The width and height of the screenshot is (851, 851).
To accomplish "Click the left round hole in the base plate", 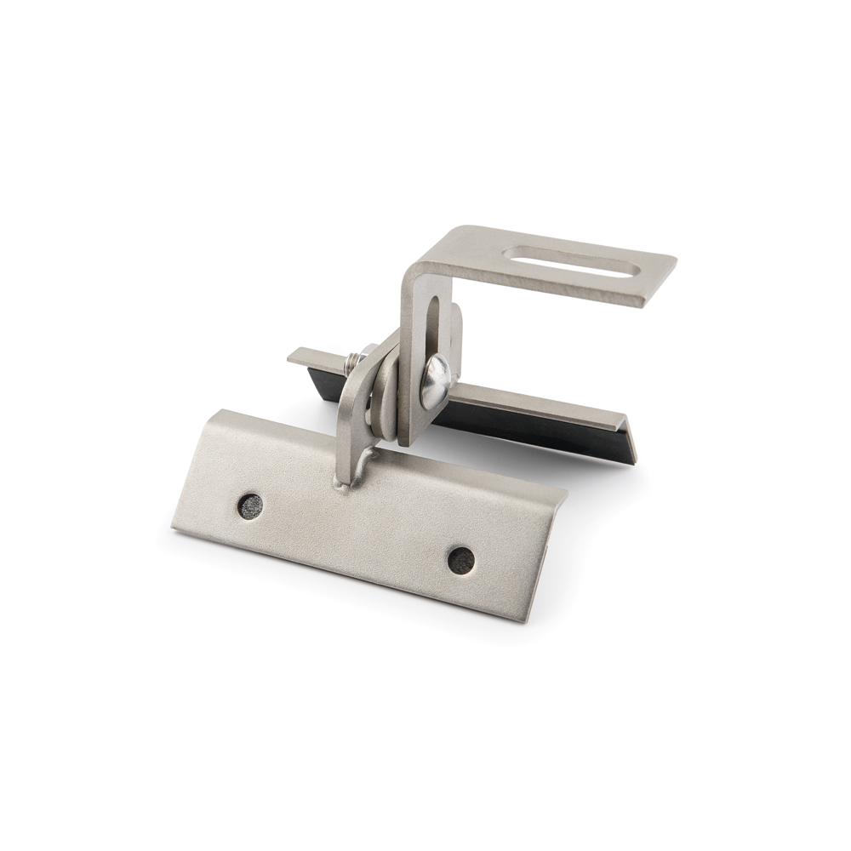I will [250, 505].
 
